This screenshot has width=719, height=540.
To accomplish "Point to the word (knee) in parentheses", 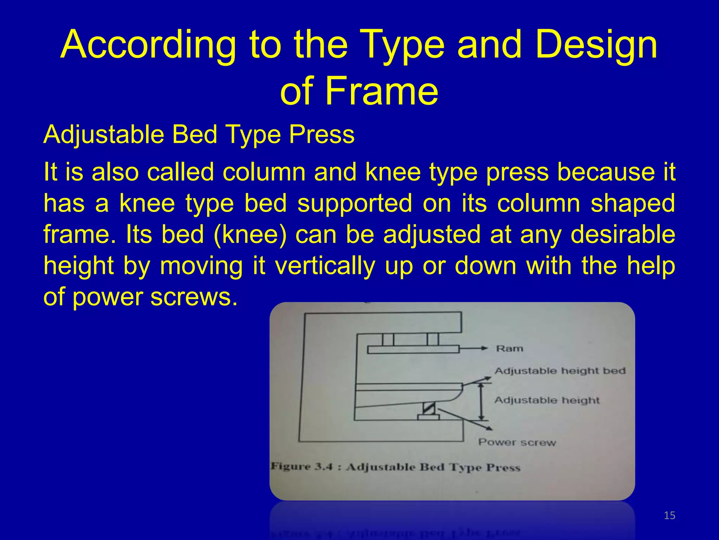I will tap(250, 234).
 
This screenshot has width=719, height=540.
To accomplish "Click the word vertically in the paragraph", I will tap(325, 265).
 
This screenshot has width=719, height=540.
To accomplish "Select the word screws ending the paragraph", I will tap(194, 297).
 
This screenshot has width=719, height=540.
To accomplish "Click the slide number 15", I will tap(669, 515).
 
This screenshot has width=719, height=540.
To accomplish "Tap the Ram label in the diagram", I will tap(509, 348).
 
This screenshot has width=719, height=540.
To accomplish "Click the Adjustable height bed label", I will tap(560, 371).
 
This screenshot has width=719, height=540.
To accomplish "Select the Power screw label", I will tap(517, 442).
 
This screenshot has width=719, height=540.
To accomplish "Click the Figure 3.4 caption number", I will tap(323, 467).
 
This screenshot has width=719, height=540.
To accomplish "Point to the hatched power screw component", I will tap(429, 408).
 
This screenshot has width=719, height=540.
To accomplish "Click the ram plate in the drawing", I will tap(413, 349).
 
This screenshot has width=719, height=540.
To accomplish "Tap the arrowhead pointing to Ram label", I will tap(484, 348).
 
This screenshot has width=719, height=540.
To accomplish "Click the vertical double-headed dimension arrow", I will tap(482, 401).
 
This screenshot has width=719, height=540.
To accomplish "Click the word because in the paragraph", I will tap(606, 172).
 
